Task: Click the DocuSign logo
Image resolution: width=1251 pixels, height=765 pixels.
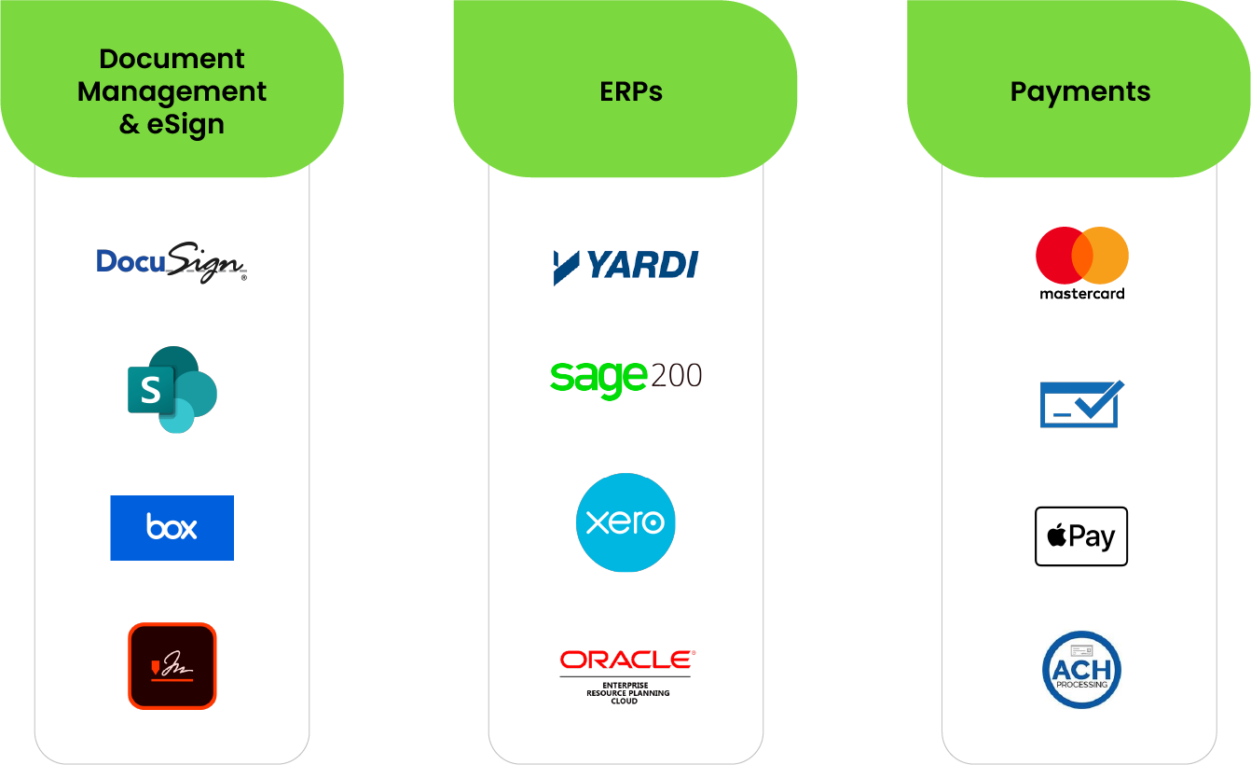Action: tap(172, 263)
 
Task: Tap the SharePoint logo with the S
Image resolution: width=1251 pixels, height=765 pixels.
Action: tap(172, 390)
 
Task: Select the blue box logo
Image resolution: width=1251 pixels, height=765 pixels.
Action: tap(172, 528)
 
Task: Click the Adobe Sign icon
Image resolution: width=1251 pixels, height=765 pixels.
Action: tap(172, 665)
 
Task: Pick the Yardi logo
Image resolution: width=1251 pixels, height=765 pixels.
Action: tap(625, 266)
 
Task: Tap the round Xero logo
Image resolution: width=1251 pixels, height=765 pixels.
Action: tap(625, 522)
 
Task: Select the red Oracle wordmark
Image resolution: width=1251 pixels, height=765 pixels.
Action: tap(626, 661)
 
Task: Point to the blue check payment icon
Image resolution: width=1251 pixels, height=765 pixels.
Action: tap(1081, 404)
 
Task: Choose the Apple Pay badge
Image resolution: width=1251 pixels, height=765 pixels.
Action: tap(1081, 536)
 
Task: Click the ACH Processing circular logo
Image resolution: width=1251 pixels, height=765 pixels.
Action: tap(1081, 670)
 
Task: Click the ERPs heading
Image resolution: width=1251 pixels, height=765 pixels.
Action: tap(631, 91)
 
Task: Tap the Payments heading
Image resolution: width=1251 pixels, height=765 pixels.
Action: tap(1080, 91)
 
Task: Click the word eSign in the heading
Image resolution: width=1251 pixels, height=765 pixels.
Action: tap(186, 124)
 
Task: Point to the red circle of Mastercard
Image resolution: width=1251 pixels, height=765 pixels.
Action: tap(1058, 255)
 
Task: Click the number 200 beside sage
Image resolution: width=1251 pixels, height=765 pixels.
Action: tap(675, 375)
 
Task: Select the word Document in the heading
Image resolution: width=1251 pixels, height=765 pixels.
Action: tap(172, 59)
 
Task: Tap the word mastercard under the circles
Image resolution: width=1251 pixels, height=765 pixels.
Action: tap(1081, 294)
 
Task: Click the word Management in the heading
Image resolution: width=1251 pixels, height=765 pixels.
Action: tap(172, 91)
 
